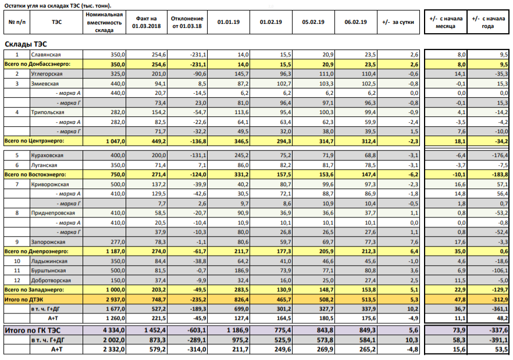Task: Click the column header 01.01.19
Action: tap(229, 22)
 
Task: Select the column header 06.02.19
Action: tap(355, 22)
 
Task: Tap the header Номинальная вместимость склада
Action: tap(104, 22)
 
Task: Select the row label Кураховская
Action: tap(47, 155)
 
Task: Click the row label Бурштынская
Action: tap(48, 270)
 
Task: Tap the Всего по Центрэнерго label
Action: tap(34, 141)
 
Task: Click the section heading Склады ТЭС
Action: tap(26, 44)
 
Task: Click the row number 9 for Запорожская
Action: tap(17, 242)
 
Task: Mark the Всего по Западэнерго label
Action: tap(33, 290)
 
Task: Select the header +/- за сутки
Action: tap(398, 22)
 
